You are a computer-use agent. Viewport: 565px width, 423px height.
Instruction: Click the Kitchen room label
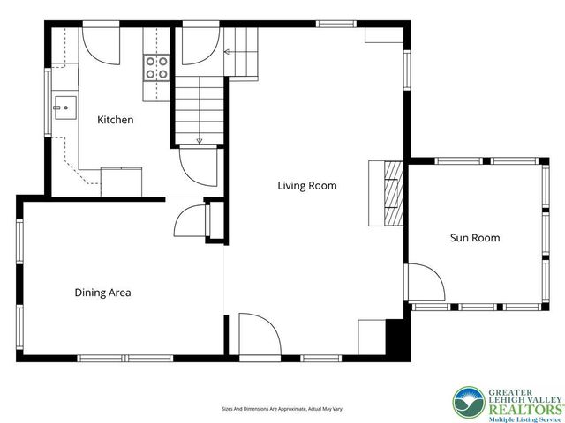coord(116,120)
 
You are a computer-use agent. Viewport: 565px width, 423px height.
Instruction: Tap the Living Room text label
coord(307,186)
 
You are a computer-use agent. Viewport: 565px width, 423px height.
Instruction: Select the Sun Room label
coord(475,238)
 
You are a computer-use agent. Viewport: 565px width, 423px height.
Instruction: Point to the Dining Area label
coord(102,293)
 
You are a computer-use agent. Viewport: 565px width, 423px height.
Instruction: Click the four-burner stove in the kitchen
coord(157,68)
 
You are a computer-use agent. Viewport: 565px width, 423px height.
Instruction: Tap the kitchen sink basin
coord(65,108)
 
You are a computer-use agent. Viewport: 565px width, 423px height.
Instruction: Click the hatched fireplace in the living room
coord(394,194)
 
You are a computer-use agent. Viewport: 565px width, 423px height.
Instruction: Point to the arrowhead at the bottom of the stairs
coord(200,141)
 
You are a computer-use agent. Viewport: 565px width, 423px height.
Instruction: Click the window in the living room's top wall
coord(336,24)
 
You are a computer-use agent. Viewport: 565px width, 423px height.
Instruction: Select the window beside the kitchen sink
coord(48,102)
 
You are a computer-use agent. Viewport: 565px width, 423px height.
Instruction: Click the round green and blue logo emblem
coord(469,403)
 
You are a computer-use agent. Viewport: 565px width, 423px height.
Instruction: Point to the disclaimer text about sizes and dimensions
coord(282,409)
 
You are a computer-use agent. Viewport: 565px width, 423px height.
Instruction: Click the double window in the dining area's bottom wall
coord(125,359)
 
